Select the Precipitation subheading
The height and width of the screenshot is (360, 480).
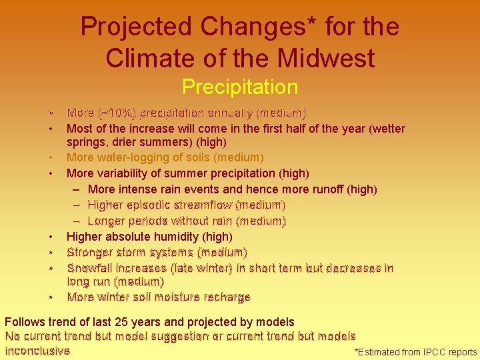(x=239, y=87)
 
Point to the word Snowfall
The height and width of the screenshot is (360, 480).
(x=90, y=268)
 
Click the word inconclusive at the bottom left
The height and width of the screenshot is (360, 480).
(x=37, y=351)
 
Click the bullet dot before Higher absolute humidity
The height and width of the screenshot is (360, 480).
(x=50, y=237)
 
